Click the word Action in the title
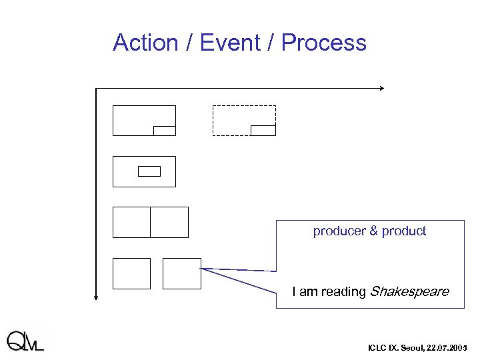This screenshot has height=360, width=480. (x=145, y=43)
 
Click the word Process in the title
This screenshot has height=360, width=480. (x=324, y=43)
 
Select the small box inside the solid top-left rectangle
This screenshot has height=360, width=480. (x=164, y=131)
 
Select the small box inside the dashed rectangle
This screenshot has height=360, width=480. (x=263, y=131)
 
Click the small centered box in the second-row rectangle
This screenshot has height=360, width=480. (x=149, y=171)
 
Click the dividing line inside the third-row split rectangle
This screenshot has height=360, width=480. (x=151, y=222)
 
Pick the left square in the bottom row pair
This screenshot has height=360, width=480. (x=131, y=273)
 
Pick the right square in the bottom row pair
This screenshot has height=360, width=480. (x=181, y=273)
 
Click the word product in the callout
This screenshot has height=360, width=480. (x=404, y=231)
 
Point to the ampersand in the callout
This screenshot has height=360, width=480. (x=373, y=231)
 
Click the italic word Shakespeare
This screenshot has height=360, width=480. (x=409, y=291)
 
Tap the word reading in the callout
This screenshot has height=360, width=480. (x=344, y=291)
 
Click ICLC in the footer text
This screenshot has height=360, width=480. (x=377, y=348)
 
